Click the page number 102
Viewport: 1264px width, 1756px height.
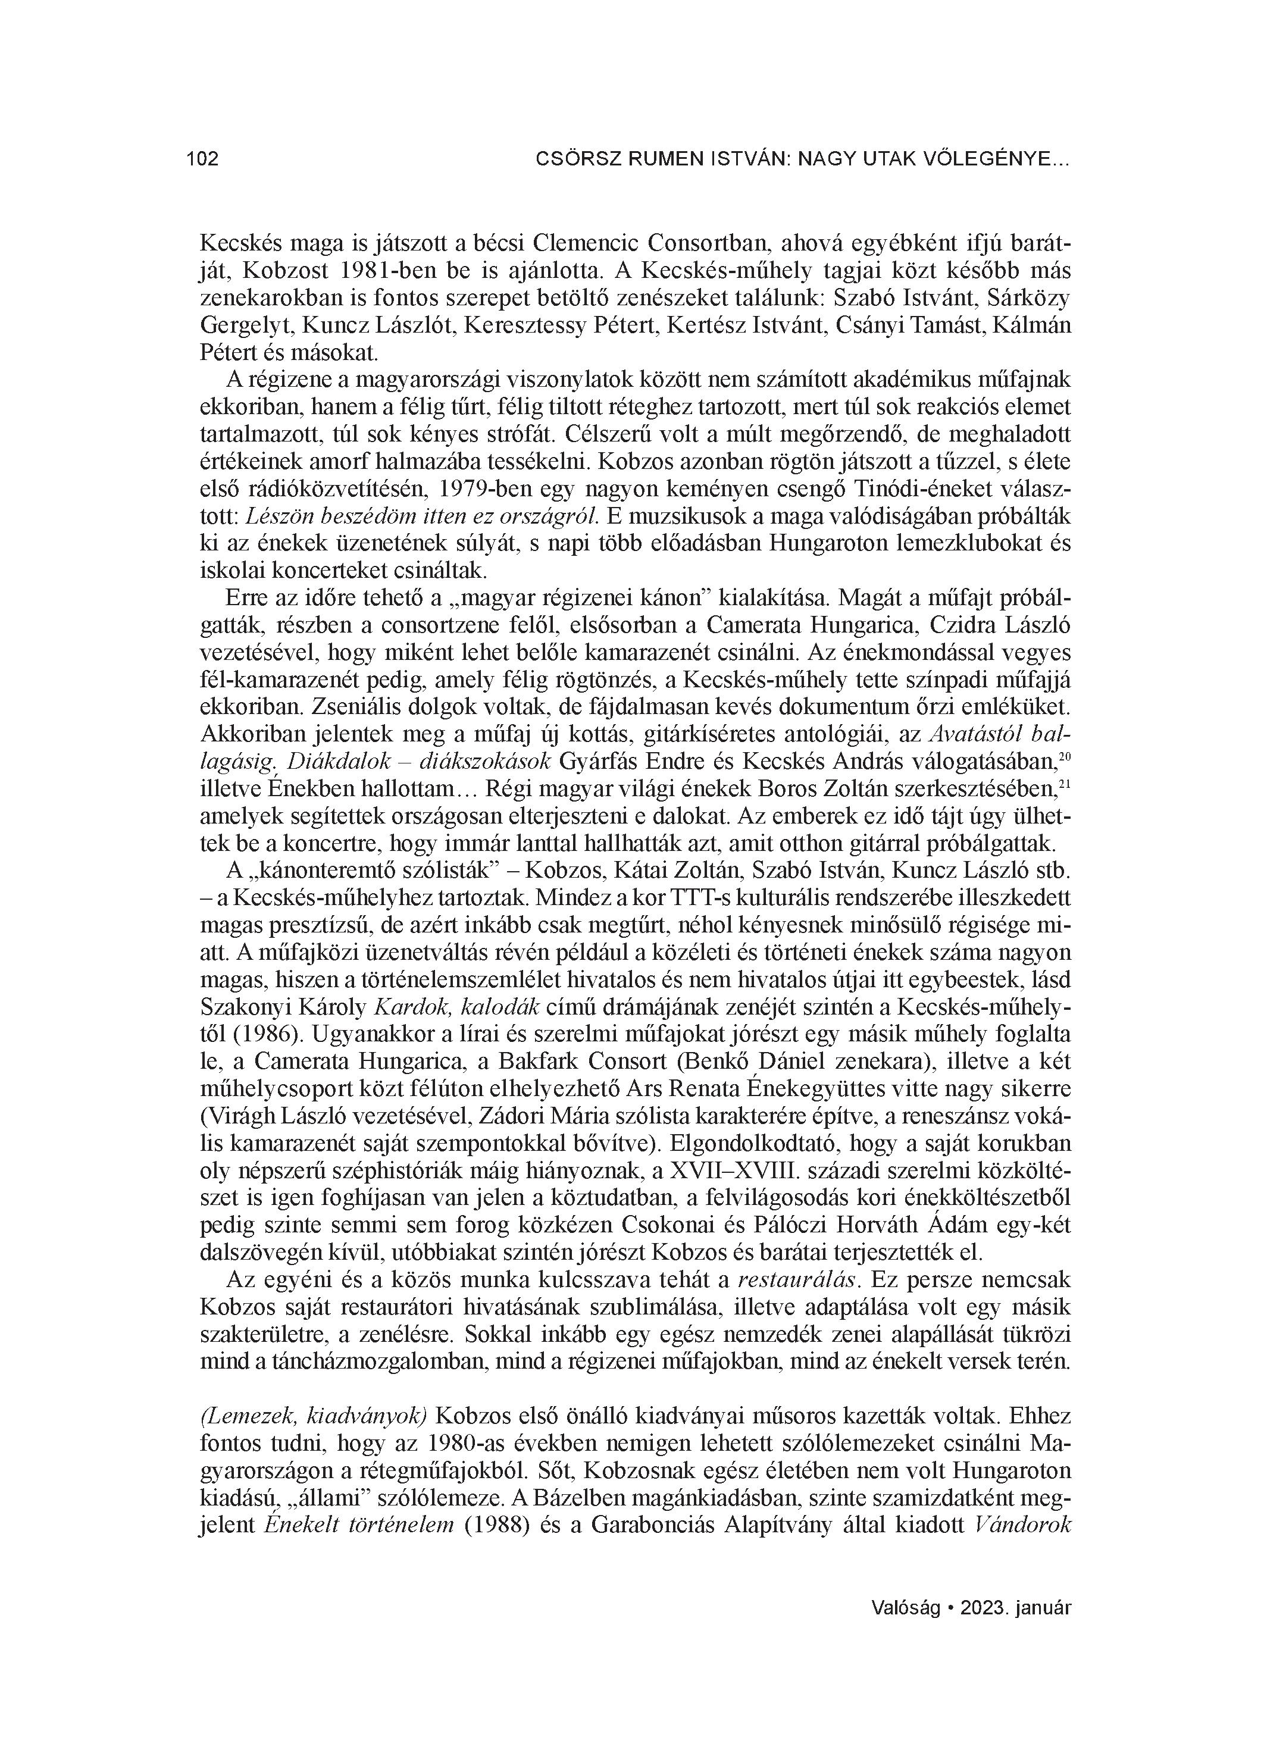click(202, 159)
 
